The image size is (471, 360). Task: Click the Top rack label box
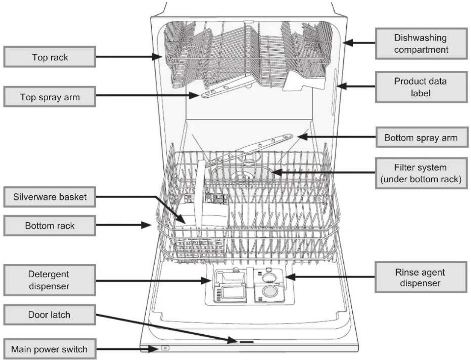coord(50,57)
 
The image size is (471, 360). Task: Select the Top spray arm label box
coord(50,97)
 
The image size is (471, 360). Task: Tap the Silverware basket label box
coord(50,197)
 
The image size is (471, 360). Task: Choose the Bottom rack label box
coord(50,226)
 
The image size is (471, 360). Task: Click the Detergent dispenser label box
coord(50,280)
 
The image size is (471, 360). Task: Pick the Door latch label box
coord(50,315)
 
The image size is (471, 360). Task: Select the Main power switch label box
coord(50,349)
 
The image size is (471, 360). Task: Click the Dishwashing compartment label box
coord(421,44)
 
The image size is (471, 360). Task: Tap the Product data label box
coord(421,87)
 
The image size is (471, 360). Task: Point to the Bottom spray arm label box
coord(422,137)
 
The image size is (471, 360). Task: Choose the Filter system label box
coord(421,173)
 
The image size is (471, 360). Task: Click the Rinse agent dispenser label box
coord(421,277)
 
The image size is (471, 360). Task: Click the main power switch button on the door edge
coord(165,348)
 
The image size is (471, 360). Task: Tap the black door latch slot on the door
coord(247,342)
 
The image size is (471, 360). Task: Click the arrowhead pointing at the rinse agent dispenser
coord(290,277)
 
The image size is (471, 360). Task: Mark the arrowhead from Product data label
coord(342,86)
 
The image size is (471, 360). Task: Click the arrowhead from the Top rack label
coord(157,57)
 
